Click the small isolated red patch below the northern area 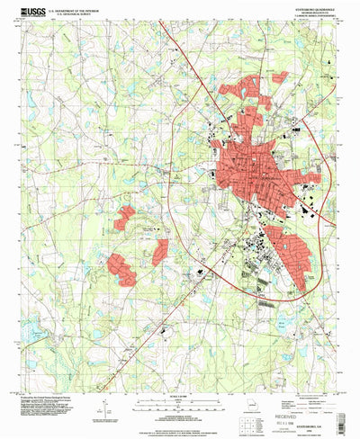click(x=255, y=117)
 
